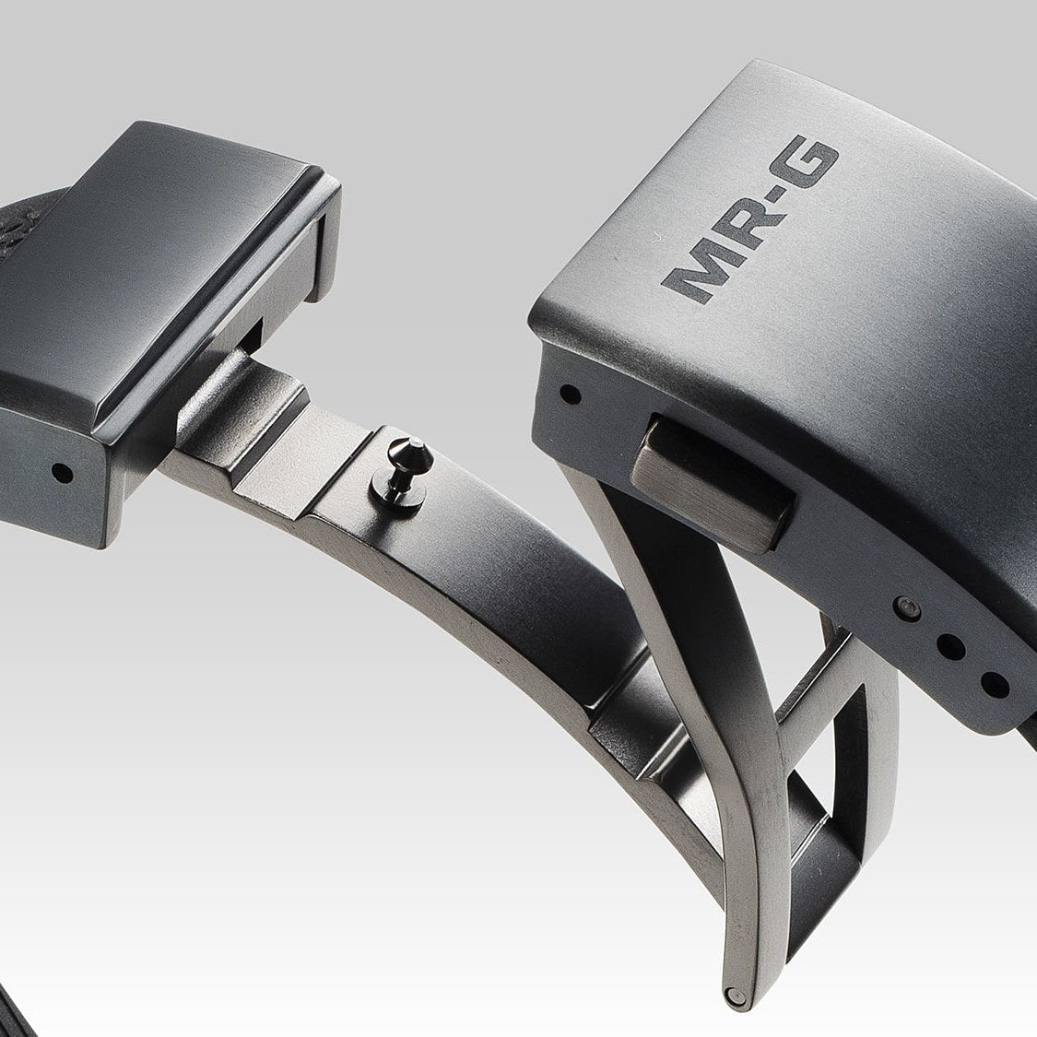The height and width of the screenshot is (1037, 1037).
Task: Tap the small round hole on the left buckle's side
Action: tap(62, 473)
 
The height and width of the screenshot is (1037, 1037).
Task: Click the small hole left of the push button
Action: tap(570, 395)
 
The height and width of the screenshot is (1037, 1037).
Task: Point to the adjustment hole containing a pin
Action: tap(907, 608)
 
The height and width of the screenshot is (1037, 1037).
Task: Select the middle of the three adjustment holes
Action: tap(951, 647)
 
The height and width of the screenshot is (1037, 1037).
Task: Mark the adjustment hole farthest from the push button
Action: tap(995, 685)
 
